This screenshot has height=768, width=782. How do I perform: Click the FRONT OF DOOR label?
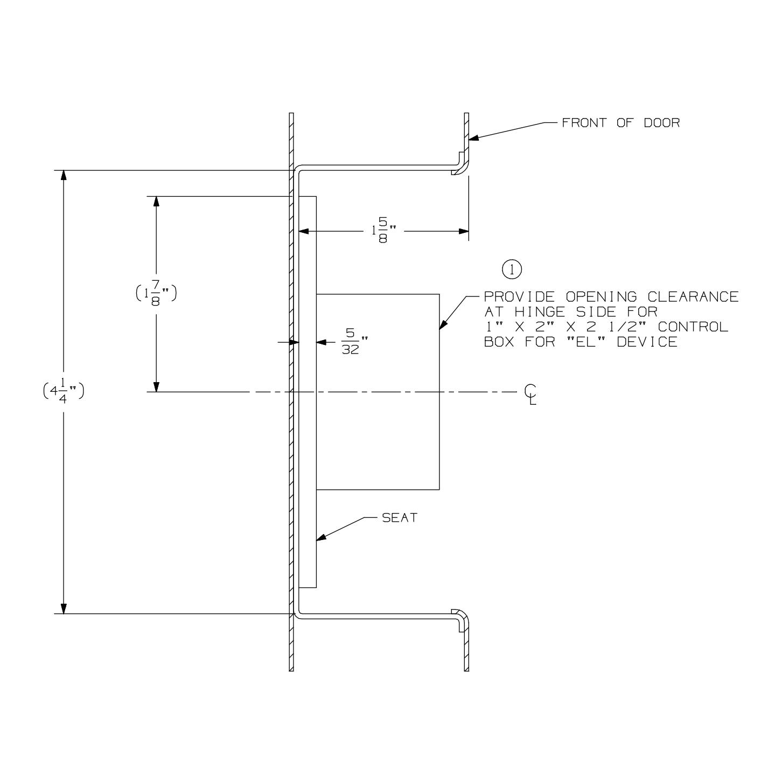pyautogui.click(x=620, y=123)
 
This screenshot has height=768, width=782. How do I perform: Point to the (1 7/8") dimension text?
pyautogui.click(x=156, y=294)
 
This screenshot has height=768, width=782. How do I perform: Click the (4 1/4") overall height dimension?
pyautogui.click(x=64, y=391)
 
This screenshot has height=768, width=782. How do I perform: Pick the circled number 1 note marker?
pyautogui.click(x=511, y=269)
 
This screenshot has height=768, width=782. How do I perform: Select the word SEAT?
pyautogui.click(x=400, y=518)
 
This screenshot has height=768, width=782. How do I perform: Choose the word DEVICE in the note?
pyautogui.click(x=647, y=342)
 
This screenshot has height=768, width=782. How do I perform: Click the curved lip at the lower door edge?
pyautogui.click(x=458, y=614)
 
